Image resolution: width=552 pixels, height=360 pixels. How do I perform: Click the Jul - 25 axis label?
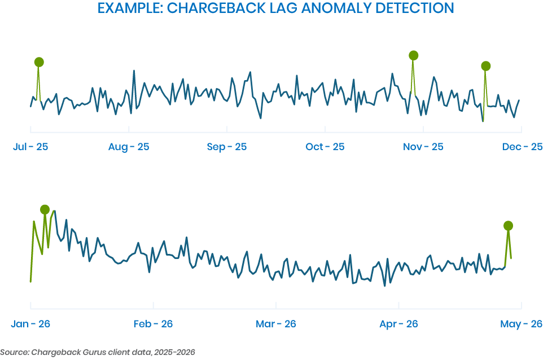30,147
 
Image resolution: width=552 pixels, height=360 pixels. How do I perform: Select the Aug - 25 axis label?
129,147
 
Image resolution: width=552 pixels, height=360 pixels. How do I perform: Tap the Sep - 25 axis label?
227,147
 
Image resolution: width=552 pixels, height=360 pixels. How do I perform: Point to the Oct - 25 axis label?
325,147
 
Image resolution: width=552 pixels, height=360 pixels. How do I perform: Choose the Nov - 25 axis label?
423,147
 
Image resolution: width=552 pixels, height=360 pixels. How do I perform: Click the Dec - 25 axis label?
523,147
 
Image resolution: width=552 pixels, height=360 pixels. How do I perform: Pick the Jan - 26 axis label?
30,324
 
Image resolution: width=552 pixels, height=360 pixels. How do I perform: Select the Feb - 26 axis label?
153,324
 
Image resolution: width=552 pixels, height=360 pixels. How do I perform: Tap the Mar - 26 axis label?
275,324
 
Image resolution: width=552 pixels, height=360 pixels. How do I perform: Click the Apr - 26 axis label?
398,324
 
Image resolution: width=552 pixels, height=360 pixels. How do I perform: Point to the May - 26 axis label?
522,324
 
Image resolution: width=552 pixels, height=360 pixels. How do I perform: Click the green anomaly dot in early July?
39,62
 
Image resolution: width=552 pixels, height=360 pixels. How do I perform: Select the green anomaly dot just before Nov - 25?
414,55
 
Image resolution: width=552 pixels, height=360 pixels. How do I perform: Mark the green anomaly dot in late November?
486,66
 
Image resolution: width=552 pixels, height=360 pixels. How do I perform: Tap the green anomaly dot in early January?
45,210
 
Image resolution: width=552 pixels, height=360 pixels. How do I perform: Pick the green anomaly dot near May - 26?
509,226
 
